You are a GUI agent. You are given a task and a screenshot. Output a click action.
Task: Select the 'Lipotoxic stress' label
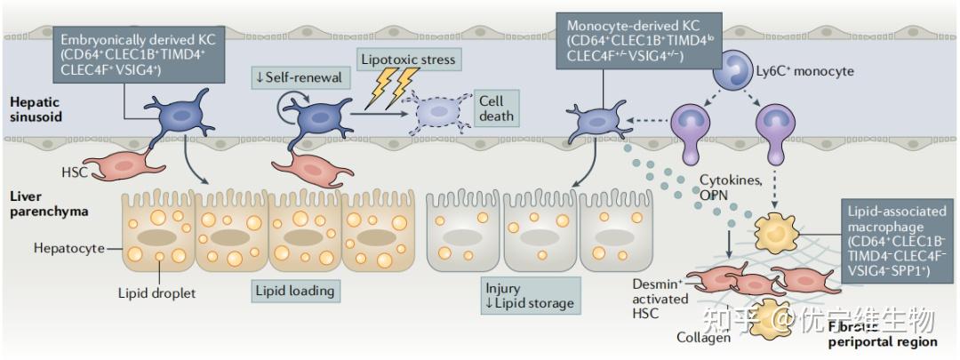[x=408, y=60]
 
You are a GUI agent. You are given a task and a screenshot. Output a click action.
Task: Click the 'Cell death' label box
[x=495, y=108]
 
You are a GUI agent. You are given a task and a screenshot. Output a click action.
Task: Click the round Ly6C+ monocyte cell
[x=740, y=69]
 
